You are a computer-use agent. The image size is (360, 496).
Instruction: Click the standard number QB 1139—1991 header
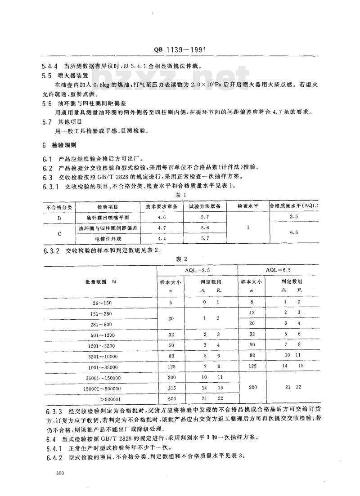[180, 50]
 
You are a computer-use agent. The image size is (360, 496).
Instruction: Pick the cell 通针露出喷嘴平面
[108, 217]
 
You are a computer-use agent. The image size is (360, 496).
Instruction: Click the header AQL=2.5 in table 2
[197, 270]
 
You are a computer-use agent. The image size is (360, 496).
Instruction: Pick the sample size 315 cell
[170, 388]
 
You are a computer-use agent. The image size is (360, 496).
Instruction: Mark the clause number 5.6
[47, 103]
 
